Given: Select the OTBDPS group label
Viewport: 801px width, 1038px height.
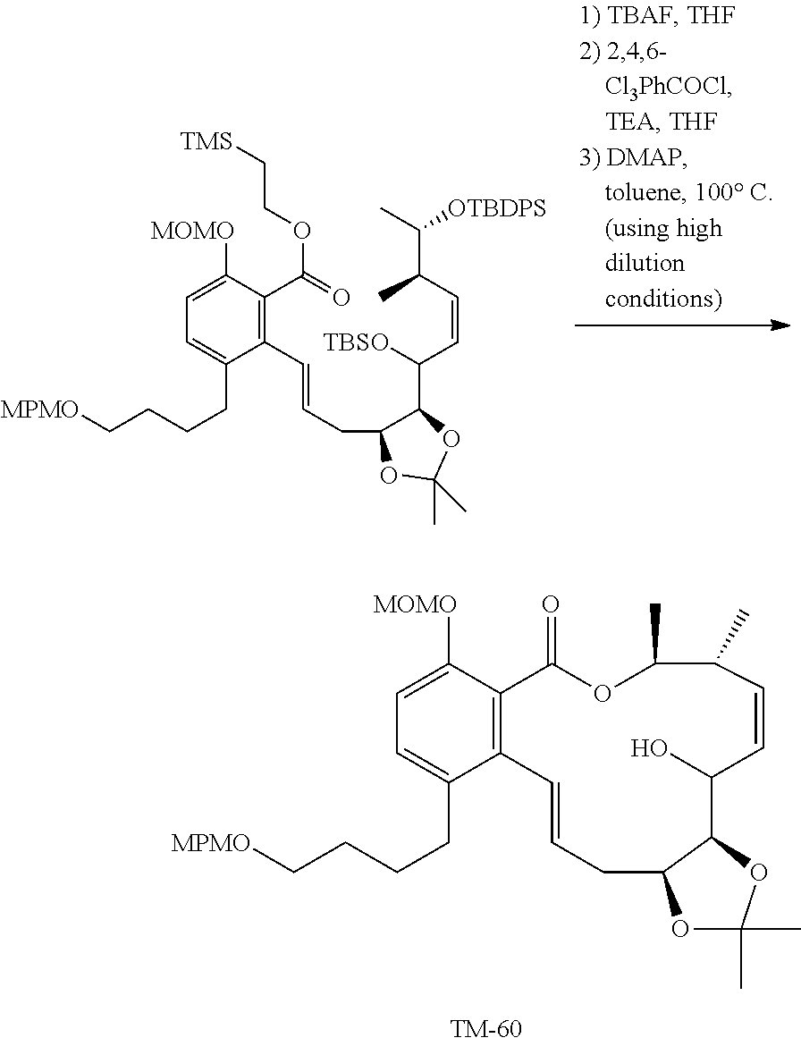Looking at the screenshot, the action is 496,209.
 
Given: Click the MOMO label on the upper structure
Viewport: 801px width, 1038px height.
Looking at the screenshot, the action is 192,232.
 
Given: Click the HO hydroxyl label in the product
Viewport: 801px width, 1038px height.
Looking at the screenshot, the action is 652,747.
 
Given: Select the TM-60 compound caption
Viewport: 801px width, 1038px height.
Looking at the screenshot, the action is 486,1027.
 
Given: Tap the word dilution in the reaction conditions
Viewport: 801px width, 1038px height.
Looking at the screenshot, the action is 644,264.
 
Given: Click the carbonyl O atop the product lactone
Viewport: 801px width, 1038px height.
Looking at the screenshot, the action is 551,605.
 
